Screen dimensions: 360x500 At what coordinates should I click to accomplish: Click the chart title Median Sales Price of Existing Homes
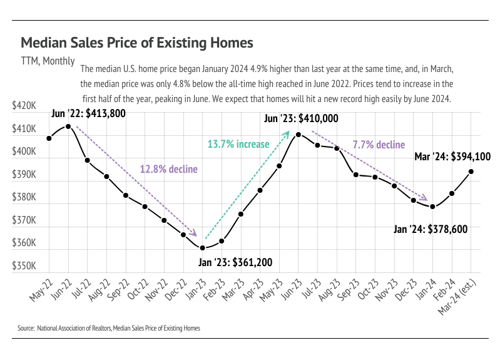[x=137, y=43]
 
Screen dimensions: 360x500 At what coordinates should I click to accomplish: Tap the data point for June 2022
[x=68, y=126]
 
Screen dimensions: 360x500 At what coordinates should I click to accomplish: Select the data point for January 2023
[x=202, y=248]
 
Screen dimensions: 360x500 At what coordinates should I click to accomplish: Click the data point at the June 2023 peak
[x=298, y=135]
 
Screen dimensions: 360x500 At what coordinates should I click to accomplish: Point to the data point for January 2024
[x=432, y=207]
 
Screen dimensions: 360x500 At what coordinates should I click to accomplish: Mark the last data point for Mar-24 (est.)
[x=471, y=172]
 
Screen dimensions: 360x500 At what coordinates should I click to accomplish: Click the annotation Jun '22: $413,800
[x=89, y=113]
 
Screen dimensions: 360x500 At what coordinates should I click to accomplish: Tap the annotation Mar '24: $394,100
[x=452, y=157]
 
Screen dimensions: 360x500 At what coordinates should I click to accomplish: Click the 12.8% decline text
[x=168, y=169]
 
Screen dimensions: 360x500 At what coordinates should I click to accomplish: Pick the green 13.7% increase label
[x=238, y=144]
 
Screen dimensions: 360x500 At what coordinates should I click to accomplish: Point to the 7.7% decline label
[x=379, y=145]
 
